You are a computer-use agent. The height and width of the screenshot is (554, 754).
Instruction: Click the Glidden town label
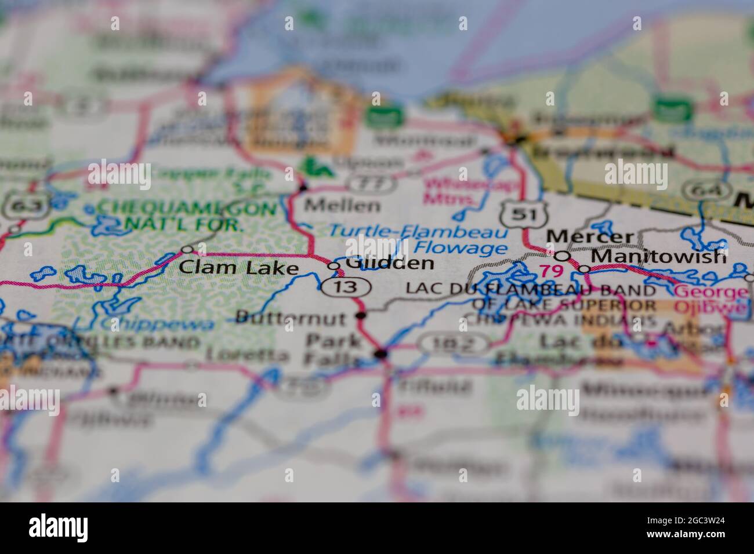[x=390, y=263]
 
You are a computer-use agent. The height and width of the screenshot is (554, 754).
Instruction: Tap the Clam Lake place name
[x=238, y=267]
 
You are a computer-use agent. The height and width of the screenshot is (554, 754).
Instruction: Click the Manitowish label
[x=658, y=256]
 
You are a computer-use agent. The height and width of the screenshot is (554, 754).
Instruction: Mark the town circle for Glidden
[x=334, y=266]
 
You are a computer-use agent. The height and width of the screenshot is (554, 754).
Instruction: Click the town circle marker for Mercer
[x=562, y=256]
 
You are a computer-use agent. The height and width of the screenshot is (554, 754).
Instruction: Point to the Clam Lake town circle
[x=187, y=250]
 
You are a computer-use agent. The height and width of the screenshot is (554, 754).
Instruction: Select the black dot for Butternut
[x=361, y=316]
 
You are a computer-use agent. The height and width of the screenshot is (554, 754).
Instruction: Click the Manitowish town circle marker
[x=585, y=269]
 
